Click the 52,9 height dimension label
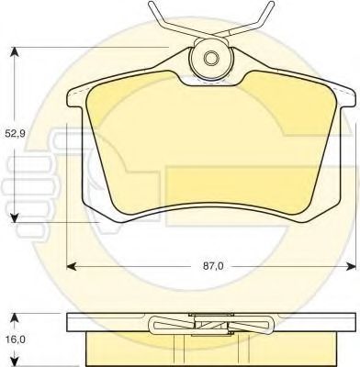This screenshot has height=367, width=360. tap(15, 134)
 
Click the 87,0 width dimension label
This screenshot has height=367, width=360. tap(213, 266)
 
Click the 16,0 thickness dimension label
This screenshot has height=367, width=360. tap(15, 339)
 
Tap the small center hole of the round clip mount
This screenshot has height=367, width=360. tap(210, 58)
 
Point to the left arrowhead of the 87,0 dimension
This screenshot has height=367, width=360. tap(72, 266)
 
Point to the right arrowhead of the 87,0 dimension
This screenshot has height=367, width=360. tap(351, 266)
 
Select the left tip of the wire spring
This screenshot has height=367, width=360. tap(151, 4)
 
